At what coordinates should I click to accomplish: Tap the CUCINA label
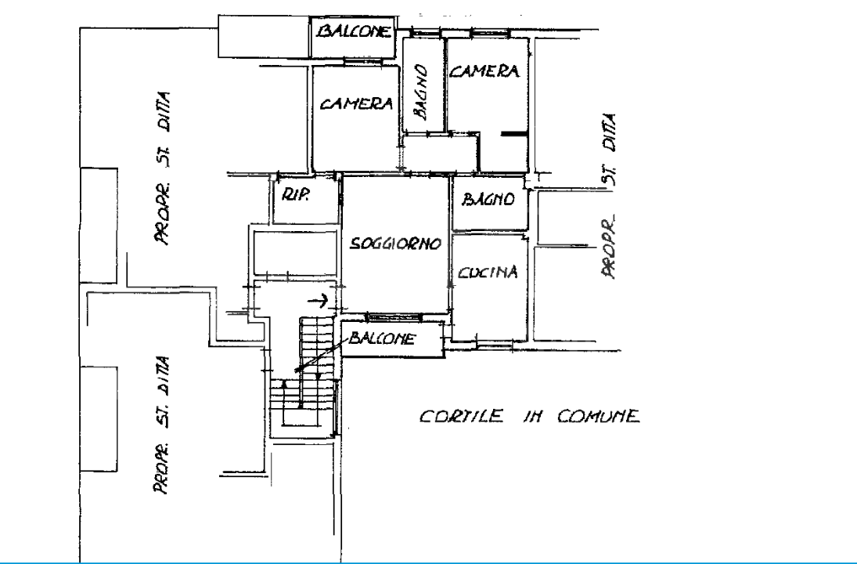[488, 273]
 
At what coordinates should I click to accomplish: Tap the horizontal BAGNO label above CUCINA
[488, 201]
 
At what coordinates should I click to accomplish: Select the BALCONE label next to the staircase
[383, 338]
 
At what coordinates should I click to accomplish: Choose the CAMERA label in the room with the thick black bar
[485, 72]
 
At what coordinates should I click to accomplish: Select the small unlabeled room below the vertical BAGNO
[440, 153]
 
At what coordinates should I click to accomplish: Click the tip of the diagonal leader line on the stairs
[295, 370]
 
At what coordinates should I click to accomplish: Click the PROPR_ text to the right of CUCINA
[610, 249]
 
